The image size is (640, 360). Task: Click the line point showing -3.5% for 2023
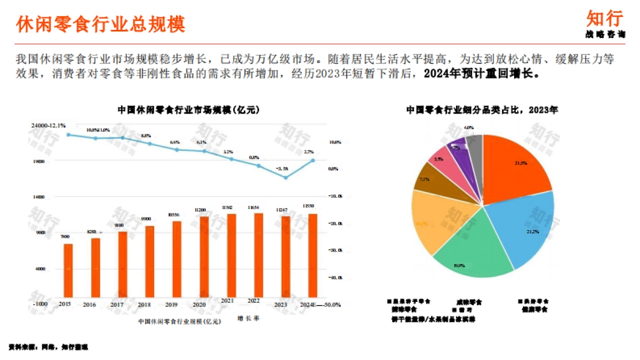[x=286, y=177]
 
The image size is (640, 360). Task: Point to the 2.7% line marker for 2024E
[x=313, y=160]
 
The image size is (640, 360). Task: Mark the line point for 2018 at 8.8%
[x=150, y=143]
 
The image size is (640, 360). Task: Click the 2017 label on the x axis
[x=117, y=305]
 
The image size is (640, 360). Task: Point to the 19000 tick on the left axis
[x=39, y=161]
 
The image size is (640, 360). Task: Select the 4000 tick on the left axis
[x=41, y=269]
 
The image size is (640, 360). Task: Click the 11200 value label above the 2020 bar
[x=201, y=210]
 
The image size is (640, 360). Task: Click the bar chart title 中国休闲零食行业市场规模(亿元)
[x=188, y=110]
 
